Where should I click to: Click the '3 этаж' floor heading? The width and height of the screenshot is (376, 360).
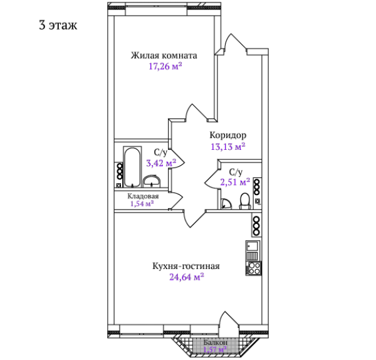click(x=58, y=25)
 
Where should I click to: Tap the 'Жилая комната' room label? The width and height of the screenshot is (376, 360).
click(x=164, y=55)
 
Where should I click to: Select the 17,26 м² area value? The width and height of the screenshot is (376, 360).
click(x=165, y=66)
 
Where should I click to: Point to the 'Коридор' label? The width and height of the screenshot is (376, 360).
click(x=228, y=135)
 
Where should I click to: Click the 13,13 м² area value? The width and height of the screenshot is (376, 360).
click(x=228, y=146)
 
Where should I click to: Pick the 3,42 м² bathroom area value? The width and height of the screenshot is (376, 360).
click(x=161, y=163)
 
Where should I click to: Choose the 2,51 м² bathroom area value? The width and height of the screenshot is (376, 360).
click(x=235, y=182)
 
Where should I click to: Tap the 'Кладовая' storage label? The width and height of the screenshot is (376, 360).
click(x=143, y=196)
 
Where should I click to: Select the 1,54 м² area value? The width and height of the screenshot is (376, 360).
click(x=142, y=204)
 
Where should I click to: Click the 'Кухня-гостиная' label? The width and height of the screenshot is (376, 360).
click(x=186, y=266)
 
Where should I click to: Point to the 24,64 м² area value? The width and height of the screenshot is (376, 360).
click(x=187, y=277)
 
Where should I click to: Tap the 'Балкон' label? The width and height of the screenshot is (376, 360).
click(x=216, y=342)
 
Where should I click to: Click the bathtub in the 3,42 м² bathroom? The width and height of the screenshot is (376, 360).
click(x=132, y=167)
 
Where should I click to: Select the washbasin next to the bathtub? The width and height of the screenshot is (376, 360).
click(x=152, y=181)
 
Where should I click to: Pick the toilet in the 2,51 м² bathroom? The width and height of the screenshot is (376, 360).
click(x=245, y=201)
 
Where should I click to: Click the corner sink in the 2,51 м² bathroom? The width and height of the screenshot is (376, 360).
click(x=226, y=204)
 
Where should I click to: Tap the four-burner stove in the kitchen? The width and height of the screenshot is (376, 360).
click(x=254, y=268)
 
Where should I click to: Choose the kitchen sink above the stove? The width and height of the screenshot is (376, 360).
click(x=253, y=246)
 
